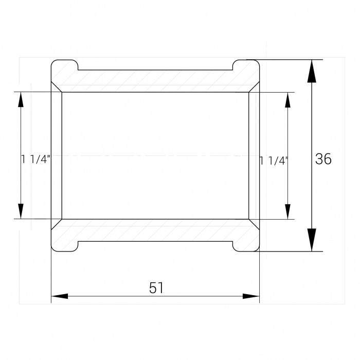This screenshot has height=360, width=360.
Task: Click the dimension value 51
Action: [156, 288]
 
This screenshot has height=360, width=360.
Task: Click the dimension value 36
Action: [323, 159]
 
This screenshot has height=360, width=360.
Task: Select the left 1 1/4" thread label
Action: [35, 159]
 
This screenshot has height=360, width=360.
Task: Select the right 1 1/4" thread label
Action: [274, 160]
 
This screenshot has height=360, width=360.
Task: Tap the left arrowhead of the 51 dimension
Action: [60, 296]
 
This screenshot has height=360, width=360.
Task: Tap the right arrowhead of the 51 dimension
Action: [251, 296]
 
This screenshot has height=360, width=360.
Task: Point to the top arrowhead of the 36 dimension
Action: [312, 71]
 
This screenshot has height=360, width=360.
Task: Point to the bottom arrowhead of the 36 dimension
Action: [312, 240]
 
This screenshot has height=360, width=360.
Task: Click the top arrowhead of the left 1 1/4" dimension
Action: [21, 99]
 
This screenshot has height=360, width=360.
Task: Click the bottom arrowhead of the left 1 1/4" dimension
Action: [21, 211]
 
